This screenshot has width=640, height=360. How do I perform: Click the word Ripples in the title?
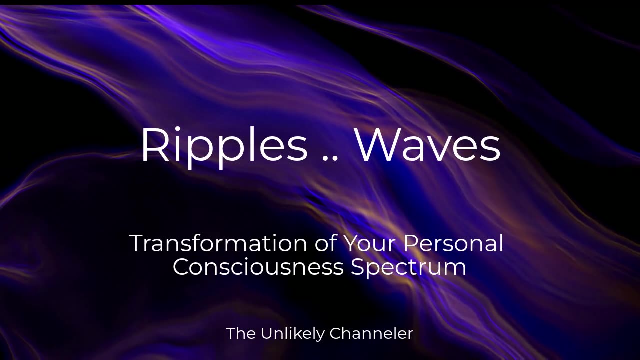tap(225, 145)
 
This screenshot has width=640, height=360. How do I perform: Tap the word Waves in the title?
tap(428, 144)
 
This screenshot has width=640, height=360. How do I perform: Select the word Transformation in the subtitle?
tap(218, 243)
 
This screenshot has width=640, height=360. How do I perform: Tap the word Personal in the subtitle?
tap(453, 243)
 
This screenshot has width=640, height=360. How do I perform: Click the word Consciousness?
tap(258, 267)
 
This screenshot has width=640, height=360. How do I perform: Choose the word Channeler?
tap(371, 333)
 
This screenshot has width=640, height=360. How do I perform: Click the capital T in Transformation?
tap(139, 243)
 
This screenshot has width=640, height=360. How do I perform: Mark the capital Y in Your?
tap(352, 243)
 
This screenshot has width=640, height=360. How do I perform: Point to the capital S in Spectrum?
tap(358, 267)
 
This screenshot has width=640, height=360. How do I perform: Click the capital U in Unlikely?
tap(267, 333)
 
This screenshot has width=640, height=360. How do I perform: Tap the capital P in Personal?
tap(411, 243)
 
